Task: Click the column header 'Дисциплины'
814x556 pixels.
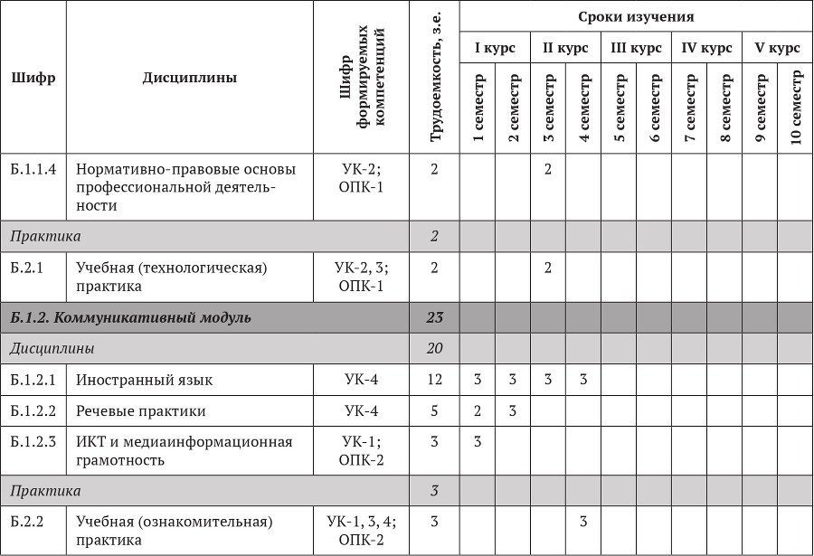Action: click(x=190, y=78)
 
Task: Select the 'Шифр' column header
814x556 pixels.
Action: click(x=33, y=78)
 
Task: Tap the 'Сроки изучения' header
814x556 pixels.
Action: click(x=637, y=17)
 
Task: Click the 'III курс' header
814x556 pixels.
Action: click(x=637, y=48)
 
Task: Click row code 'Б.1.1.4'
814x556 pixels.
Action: click(x=33, y=169)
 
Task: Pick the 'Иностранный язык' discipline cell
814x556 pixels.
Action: click(x=145, y=380)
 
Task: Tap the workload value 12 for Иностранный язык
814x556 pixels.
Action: click(x=434, y=380)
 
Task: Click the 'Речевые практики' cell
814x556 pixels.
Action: click(x=141, y=411)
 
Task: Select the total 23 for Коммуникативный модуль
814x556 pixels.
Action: click(x=434, y=317)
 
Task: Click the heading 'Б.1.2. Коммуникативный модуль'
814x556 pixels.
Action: click(x=130, y=317)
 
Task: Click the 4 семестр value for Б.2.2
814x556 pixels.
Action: click(x=584, y=522)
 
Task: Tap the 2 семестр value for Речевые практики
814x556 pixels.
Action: click(x=513, y=411)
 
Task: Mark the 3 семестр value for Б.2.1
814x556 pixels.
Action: click(x=548, y=268)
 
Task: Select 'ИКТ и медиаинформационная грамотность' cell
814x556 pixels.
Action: click(x=185, y=450)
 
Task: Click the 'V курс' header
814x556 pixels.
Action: click(x=778, y=48)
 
